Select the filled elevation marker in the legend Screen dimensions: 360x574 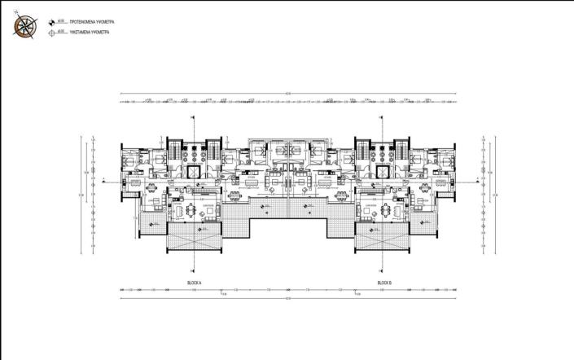point(54,21)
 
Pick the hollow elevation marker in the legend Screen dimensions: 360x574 point(54,33)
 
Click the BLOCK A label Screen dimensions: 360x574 point(194,282)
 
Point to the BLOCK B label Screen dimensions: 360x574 point(384,282)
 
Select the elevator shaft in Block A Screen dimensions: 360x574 point(194,172)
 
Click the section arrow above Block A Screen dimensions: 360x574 point(193,118)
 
